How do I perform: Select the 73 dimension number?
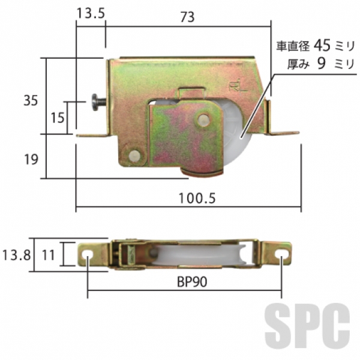point(188,17)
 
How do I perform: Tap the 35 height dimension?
point(31,101)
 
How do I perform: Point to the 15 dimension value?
point(58,118)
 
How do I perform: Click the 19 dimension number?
point(31,160)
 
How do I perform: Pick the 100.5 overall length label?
point(197,198)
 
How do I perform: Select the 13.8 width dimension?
point(16,255)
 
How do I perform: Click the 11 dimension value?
point(49,255)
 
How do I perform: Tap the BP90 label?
point(192,282)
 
